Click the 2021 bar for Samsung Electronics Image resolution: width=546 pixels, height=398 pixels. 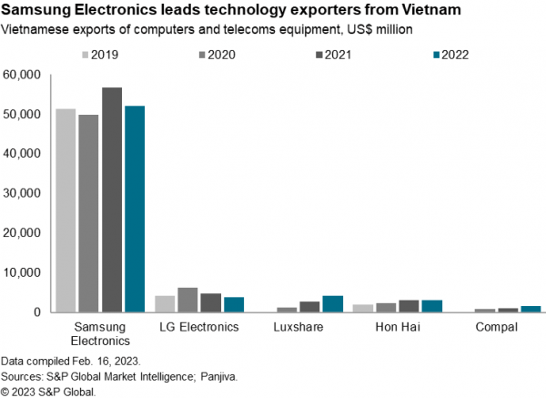click(x=112, y=199)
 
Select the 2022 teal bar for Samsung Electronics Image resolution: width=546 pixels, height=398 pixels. click(x=135, y=209)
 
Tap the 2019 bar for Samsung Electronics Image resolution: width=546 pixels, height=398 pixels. click(x=66, y=210)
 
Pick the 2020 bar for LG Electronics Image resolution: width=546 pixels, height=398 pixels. click(x=187, y=300)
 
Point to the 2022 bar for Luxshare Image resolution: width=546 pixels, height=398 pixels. click(x=333, y=303)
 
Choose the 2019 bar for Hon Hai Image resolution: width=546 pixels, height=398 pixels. click(x=362, y=308)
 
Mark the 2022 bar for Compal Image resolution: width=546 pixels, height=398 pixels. click(x=531, y=309)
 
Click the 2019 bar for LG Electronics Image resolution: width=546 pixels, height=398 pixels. click(x=165, y=303)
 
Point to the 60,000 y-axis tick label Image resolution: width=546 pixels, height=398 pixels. click(x=22, y=75)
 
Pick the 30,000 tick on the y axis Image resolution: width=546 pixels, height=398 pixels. click(x=22, y=193)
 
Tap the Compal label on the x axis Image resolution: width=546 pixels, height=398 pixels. click(x=497, y=326)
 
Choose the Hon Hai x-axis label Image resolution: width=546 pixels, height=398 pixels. click(x=397, y=326)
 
